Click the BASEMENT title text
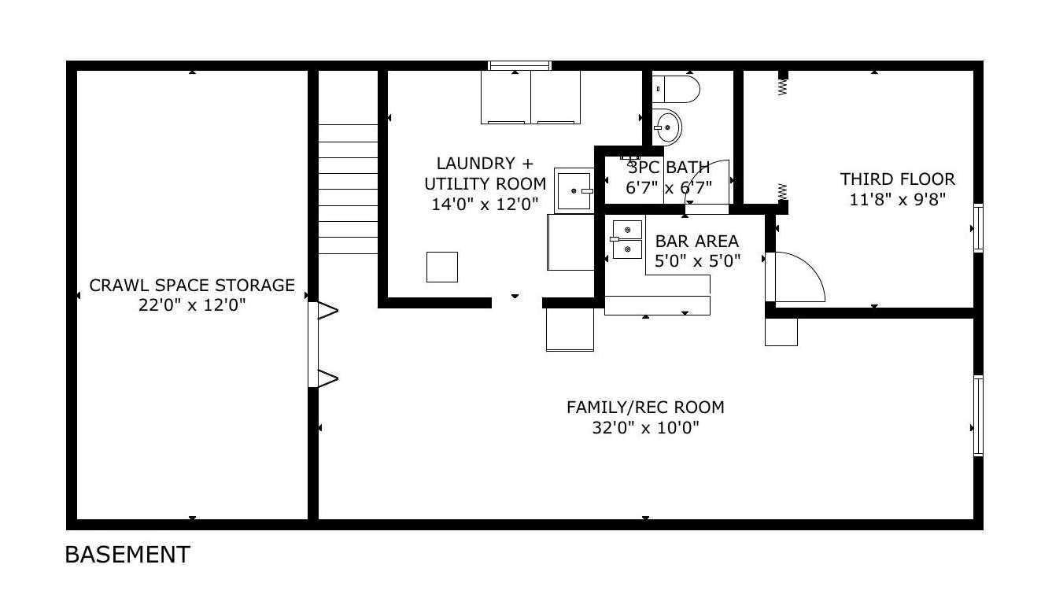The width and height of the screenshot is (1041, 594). pyautogui.click(x=127, y=555)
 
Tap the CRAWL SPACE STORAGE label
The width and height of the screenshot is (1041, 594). pyautogui.click(x=192, y=285)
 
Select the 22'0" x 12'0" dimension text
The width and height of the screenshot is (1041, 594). pyautogui.click(x=192, y=305)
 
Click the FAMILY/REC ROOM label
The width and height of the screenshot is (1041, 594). pyautogui.click(x=645, y=408)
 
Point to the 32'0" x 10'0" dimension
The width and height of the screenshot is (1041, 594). pyautogui.click(x=645, y=428)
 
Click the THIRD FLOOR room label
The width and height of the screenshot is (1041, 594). pyautogui.click(x=897, y=179)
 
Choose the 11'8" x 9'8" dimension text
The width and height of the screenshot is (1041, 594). pyautogui.click(x=897, y=200)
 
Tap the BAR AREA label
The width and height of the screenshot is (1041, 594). pyautogui.click(x=696, y=242)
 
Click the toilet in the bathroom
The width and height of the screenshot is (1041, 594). pyautogui.click(x=676, y=89)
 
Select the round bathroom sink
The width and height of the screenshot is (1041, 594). pyautogui.click(x=667, y=127)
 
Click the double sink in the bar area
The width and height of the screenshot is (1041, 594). pyautogui.click(x=626, y=239)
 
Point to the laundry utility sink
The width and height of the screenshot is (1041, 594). pyautogui.click(x=574, y=190)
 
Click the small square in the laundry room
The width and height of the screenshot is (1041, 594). pyautogui.click(x=442, y=267)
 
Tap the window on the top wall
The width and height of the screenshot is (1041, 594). pyautogui.click(x=519, y=65)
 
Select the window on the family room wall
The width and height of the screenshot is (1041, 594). pyautogui.click(x=978, y=415)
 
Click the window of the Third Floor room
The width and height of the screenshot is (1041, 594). pyautogui.click(x=978, y=228)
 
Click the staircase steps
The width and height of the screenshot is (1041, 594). pyautogui.click(x=348, y=189)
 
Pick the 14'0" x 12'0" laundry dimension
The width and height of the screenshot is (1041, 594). pyautogui.click(x=485, y=204)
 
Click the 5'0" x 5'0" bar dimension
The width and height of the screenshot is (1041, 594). pyautogui.click(x=698, y=261)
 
